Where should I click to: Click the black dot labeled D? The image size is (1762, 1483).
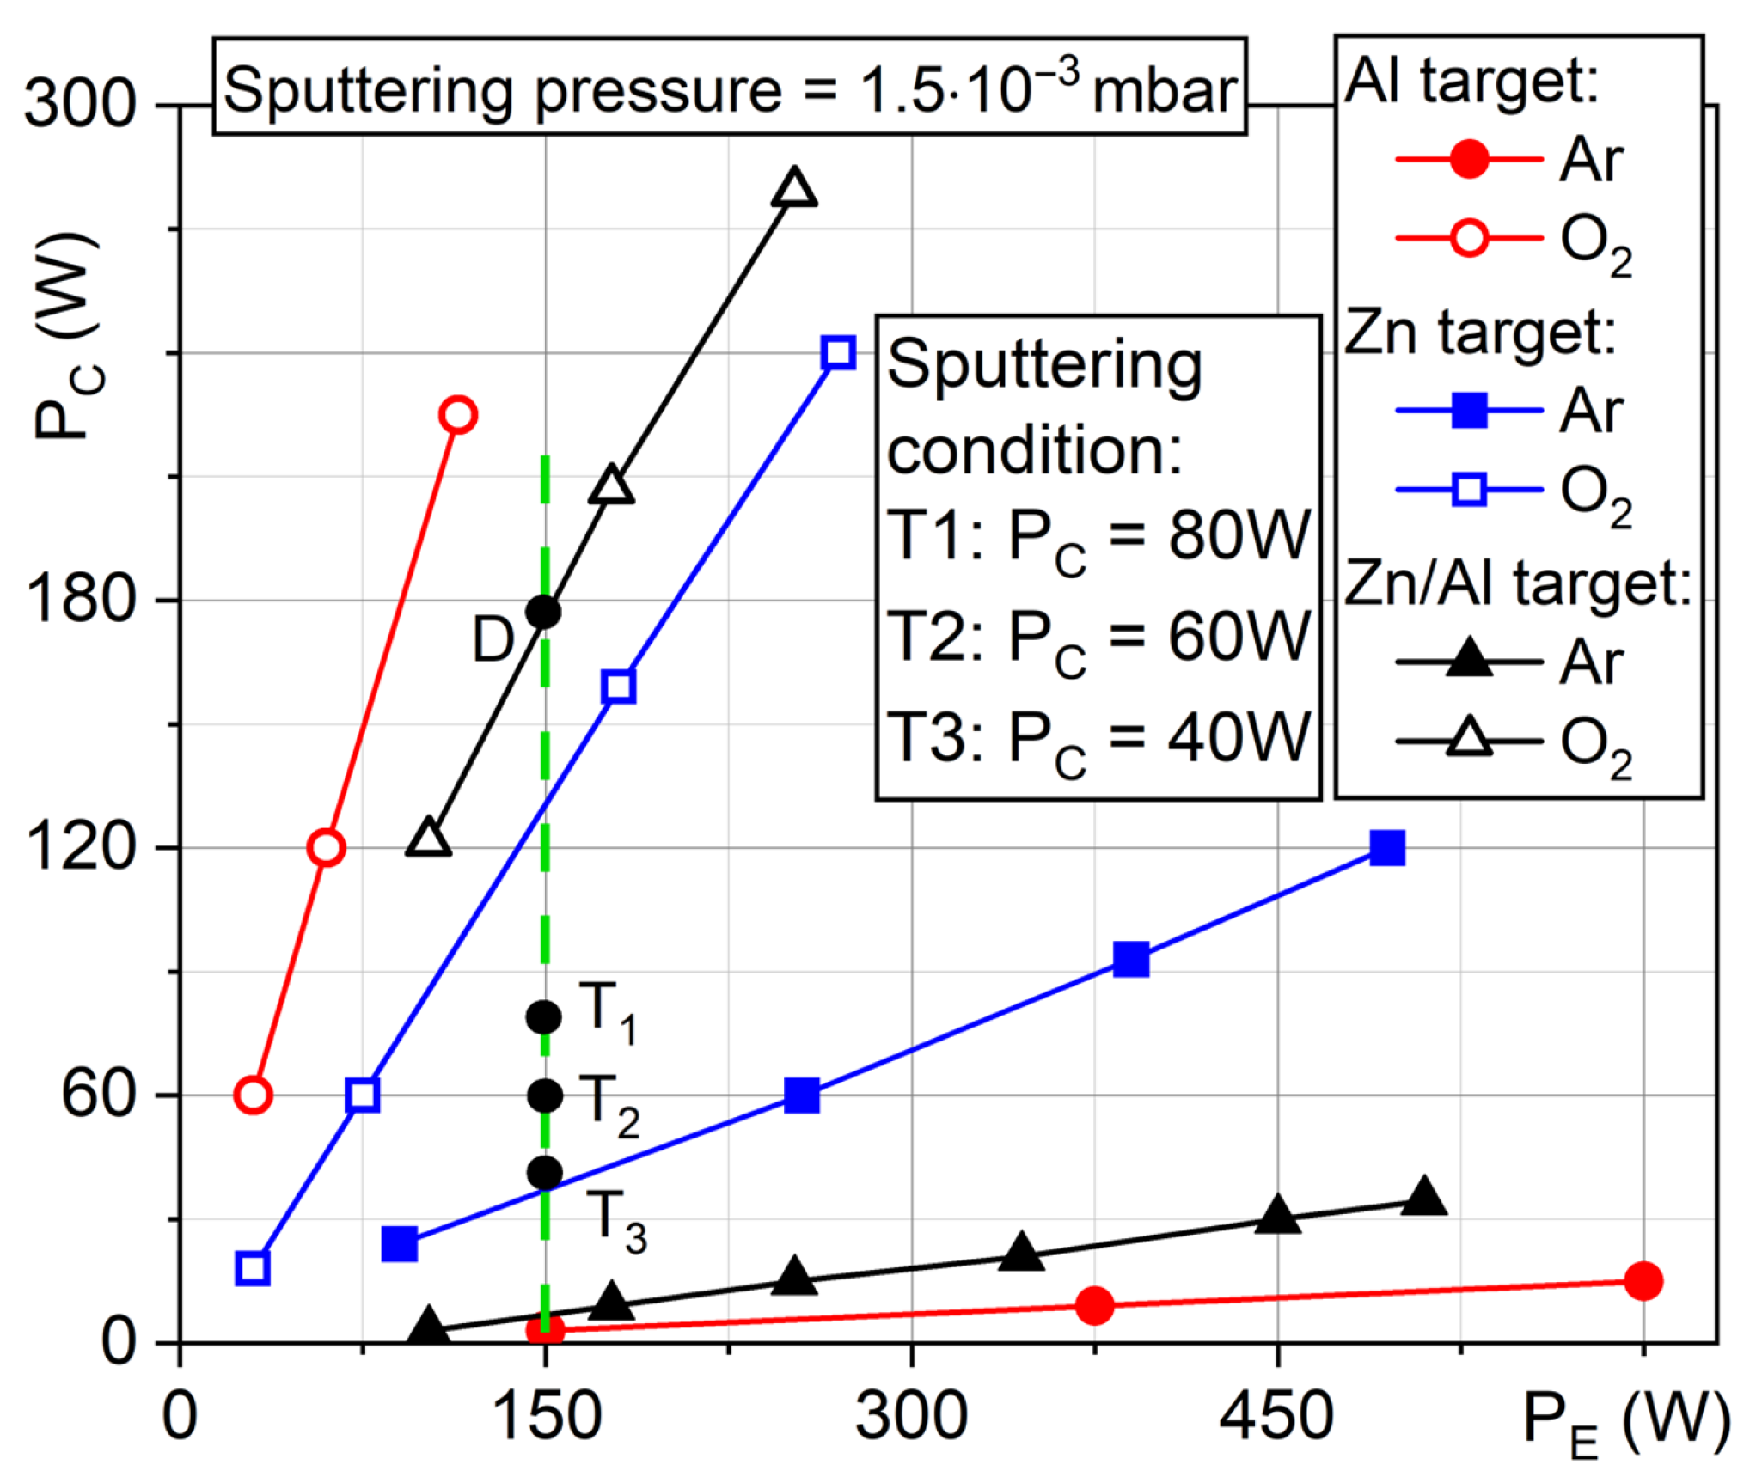point(543,612)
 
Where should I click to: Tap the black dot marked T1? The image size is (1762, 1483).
point(543,1017)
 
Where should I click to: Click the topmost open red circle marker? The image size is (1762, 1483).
point(458,415)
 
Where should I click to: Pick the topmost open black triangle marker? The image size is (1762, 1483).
point(794,188)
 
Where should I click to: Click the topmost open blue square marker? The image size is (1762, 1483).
point(838,352)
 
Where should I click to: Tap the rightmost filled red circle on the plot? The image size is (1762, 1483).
point(1643,1281)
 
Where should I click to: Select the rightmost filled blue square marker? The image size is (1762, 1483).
point(1387,848)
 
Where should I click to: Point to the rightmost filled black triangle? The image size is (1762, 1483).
point(1423,1198)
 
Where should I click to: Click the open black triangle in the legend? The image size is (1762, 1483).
point(1469,738)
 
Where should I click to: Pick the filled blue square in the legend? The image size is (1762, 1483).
point(1469,410)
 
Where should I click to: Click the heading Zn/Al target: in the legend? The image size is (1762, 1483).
point(1518,583)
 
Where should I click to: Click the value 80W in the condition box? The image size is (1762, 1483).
point(1238,535)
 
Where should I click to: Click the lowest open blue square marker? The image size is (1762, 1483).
point(252,1268)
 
